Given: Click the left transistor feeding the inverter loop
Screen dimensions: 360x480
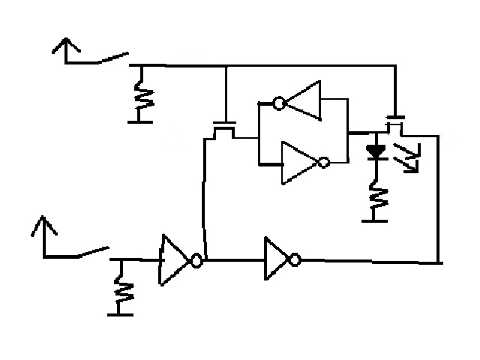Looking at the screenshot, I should pyautogui.click(x=223, y=127).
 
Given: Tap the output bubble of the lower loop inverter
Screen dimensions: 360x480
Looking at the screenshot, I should pyautogui.click(x=324, y=162).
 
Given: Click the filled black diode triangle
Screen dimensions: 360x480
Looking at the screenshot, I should pyautogui.click(x=376, y=150).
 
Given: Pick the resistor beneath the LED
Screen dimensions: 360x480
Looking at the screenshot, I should pyautogui.click(x=376, y=197).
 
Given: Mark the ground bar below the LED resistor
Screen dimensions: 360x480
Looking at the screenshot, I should pyautogui.click(x=375, y=220).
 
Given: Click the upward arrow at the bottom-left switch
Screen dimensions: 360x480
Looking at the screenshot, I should pyautogui.click(x=47, y=226).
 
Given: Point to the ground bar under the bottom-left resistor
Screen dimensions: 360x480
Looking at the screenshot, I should pyautogui.click(x=120, y=313).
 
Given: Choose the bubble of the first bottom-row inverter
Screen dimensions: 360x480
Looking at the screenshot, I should pyautogui.click(x=196, y=261).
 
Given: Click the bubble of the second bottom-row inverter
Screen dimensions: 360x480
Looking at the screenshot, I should pyautogui.click(x=295, y=260).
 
